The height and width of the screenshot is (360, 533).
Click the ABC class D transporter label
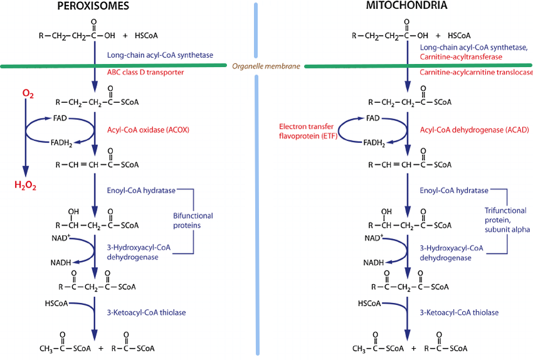145,72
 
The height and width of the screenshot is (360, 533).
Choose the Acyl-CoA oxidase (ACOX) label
149,130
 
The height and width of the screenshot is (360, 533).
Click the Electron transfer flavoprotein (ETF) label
307,130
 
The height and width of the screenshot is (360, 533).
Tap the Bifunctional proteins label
193,221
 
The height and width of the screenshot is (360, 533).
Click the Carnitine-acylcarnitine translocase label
472,72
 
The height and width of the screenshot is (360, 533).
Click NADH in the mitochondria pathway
375,263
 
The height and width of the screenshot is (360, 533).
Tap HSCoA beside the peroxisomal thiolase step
58,302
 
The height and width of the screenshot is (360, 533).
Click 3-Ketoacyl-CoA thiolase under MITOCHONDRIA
459,312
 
